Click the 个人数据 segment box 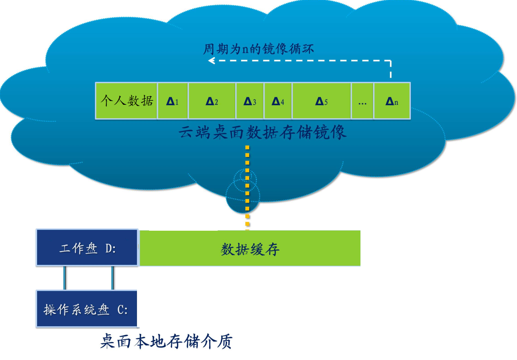(x=126, y=101)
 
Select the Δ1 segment (x=172, y=101)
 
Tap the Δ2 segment (x=212, y=101)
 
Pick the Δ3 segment (x=250, y=101)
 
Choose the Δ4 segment (x=278, y=101)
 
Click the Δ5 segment (x=321, y=101)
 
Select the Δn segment (x=391, y=101)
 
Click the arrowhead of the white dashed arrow (x=211, y=61)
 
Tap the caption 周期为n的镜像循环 (x=258, y=49)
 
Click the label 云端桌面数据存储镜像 (x=262, y=133)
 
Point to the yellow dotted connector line (x=247, y=183)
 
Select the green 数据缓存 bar (x=250, y=248)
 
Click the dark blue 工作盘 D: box (x=87, y=248)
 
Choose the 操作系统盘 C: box (x=86, y=309)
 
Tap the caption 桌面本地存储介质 (x=166, y=341)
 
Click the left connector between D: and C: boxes (x=64, y=278)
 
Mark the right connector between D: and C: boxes (x=112, y=278)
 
